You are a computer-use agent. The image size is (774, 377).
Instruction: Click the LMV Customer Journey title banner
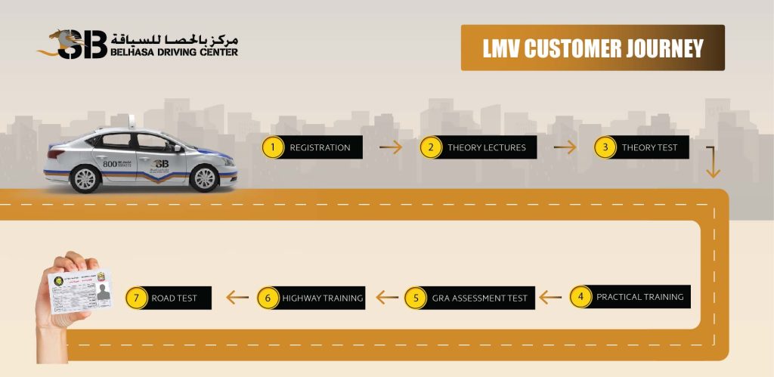click(x=593, y=48)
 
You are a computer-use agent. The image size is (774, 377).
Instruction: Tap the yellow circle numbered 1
click(x=273, y=147)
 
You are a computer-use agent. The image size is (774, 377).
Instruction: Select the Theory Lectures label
click(x=486, y=147)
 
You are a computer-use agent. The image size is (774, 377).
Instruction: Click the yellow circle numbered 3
click(x=605, y=147)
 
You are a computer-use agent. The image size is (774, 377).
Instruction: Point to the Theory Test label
click(x=649, y=147)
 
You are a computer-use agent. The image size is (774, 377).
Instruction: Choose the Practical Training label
click(x=639, y=297)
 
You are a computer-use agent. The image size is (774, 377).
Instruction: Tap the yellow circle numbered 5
click(x=415, y=298)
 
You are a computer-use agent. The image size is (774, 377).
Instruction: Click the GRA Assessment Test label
click(x=479, y=298)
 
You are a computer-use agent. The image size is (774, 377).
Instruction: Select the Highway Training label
click(x=323, y=298)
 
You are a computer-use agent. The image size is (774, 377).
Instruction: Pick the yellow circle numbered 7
click(x=136, y=298)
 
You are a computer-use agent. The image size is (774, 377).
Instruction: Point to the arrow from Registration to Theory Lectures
click(x=391, y=147)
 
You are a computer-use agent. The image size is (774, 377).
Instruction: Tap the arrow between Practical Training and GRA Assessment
click(x=550, y=298)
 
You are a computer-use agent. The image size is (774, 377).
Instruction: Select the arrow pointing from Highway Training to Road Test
click(x=237, y=298)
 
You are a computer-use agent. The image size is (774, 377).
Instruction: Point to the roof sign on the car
click(x=132, y=121)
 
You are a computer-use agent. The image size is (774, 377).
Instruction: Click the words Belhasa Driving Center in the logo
click(x=175, y=52)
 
